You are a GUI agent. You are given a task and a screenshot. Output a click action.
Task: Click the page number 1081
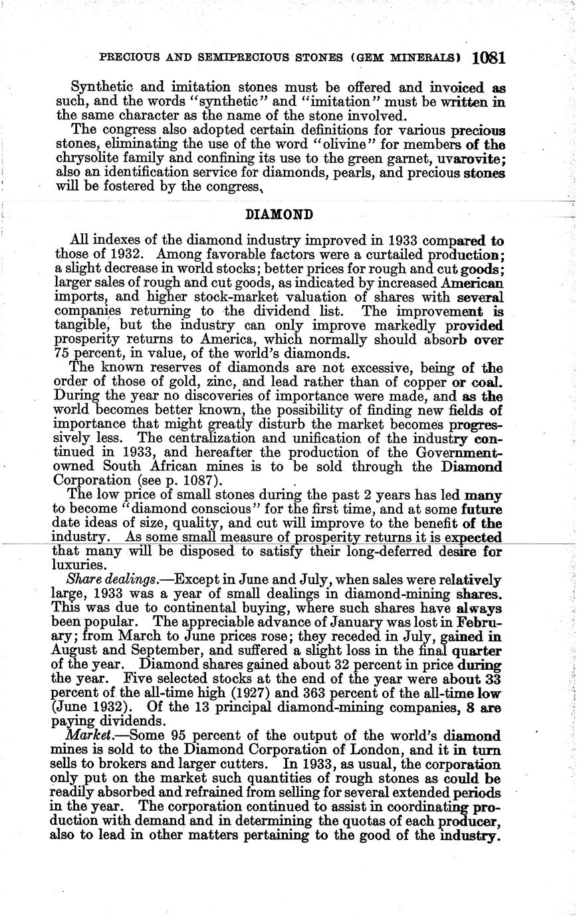pos(489,58)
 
